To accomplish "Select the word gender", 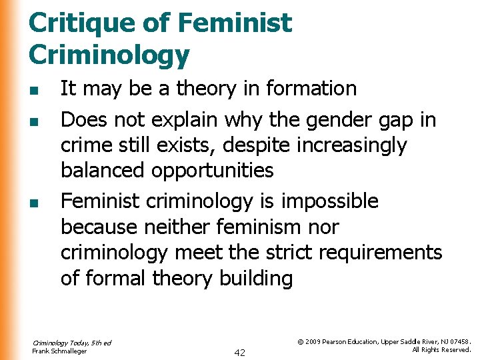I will pyautogui.click(x=335, y=120).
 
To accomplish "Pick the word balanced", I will pyautogui.click(x=103, y=171).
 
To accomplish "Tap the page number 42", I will pyautogui.click(x=239, y=352).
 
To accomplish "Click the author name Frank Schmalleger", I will pyautogui.click(x=59, y=351).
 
